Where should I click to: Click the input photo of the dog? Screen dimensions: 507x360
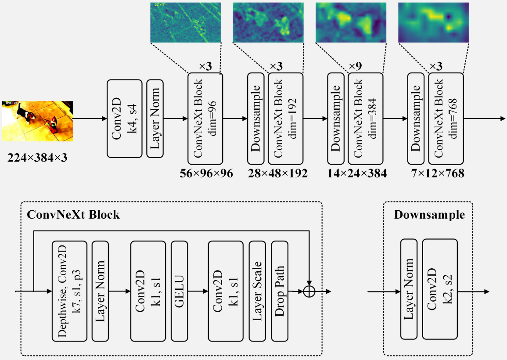tap(37, 121)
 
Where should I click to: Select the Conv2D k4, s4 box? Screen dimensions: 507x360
tap(125, 119)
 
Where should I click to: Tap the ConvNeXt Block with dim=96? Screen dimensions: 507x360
tap(205, 119)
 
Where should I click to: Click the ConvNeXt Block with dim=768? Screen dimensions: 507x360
tap(446, 119)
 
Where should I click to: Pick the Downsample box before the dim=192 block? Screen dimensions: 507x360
tap(256, 119)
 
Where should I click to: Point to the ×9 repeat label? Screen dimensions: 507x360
tap(355, 66)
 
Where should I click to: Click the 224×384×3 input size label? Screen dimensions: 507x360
tap(37, 158)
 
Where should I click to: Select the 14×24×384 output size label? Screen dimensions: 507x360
tap(357, 173)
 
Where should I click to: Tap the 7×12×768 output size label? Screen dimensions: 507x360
tap(438, 173)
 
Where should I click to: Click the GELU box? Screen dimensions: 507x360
tap(179, 291)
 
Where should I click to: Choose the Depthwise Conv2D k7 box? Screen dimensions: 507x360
tap(69, 291)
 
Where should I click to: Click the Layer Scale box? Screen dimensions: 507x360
tap(257, 291)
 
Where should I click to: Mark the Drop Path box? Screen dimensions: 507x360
tap(280, 291)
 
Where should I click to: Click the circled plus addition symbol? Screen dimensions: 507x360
tap(309, 292)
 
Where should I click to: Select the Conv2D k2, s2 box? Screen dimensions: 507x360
tap(440, 289)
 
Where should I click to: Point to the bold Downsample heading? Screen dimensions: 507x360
tap(429, 215)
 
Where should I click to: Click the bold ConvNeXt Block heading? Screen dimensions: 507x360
tap(73, 215)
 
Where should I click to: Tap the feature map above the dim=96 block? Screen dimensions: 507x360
tap(186, 23)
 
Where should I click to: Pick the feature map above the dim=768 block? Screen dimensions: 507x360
tap(433, 23)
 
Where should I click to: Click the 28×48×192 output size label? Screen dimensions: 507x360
tap(278, 173)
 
